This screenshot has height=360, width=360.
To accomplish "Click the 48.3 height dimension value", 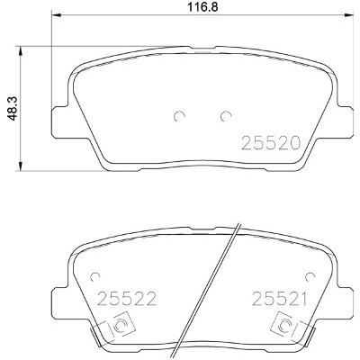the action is point(13,108).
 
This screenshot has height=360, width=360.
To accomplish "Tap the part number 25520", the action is point(271,143).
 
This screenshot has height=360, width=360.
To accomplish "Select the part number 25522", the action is point(127,299).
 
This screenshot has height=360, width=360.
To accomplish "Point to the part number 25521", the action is point(279,299).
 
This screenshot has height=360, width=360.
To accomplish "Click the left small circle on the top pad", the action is point(179,116).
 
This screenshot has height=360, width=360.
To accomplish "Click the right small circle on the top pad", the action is point(225,116).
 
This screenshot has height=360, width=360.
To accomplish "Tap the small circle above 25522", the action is point(95,276).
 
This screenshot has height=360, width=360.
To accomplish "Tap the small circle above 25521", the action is point(310,276).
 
